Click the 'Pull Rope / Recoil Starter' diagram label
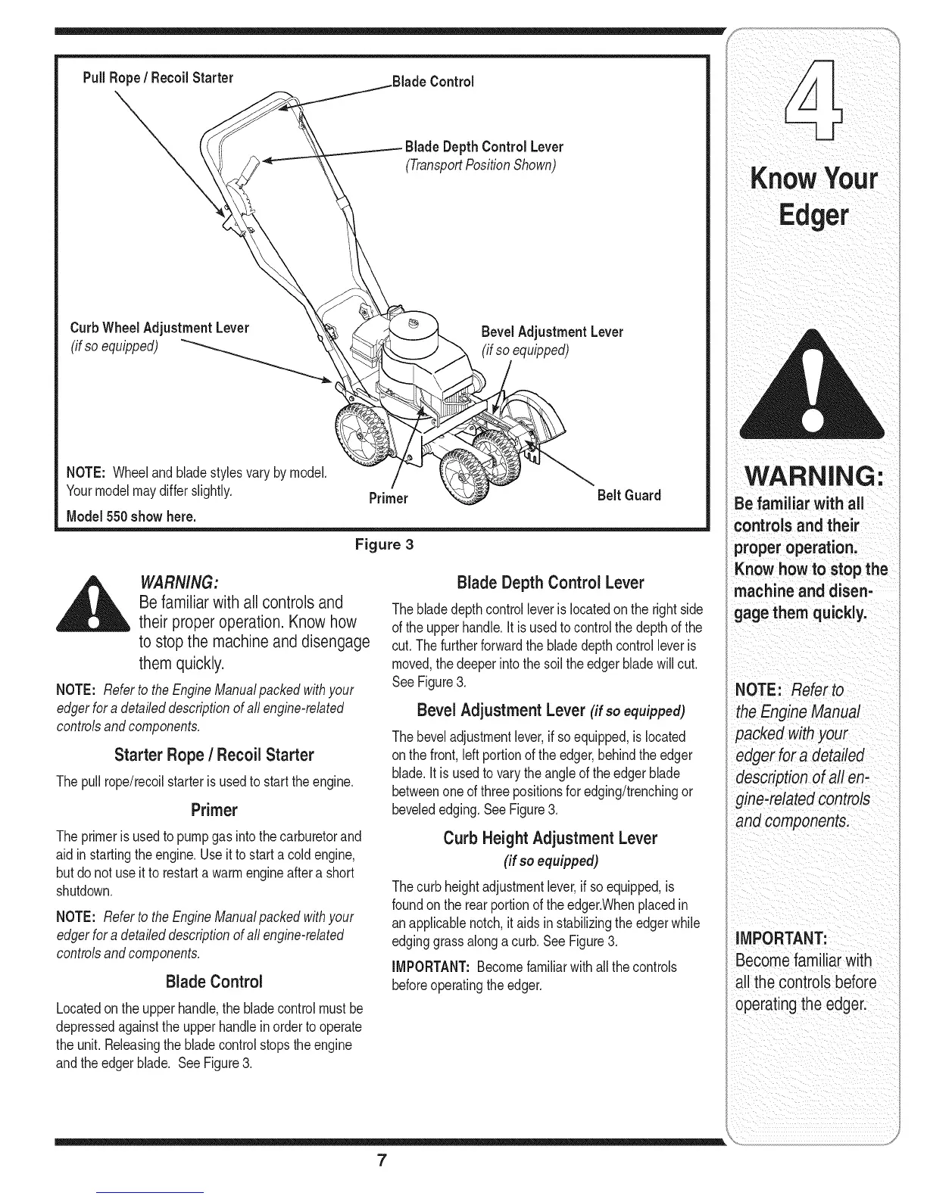pos(158,78)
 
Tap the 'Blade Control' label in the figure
pos(432,82)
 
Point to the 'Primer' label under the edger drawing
pos(388,498)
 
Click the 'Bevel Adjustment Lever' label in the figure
pos(552,332)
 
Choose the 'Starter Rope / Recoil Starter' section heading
pos(214,755)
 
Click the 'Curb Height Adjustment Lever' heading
pos(550,839)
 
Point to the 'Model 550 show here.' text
pos(132,517)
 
